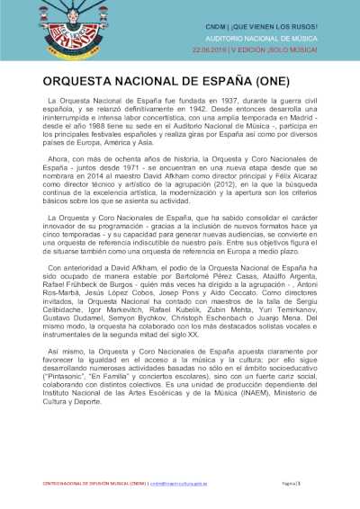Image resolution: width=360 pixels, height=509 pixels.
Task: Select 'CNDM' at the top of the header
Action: [217, 28]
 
